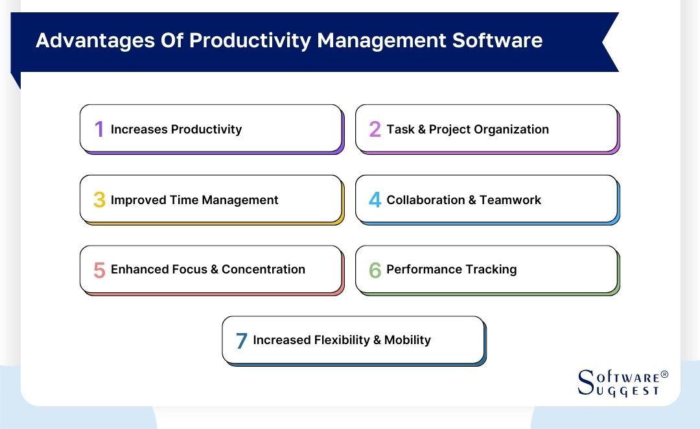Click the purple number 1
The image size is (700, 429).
tap(99, 130)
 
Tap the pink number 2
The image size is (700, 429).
tap(375, 130)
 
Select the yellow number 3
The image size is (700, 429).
tap(99, 200)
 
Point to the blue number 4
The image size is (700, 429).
tap(375, 200)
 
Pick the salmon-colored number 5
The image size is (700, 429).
tap(99, 270)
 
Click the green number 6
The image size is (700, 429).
tap(375, 270)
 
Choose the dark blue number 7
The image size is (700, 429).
tap(241, 341)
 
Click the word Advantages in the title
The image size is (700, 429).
tap(88, 41)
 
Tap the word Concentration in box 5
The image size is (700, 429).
tap(263, 270)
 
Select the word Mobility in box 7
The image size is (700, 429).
tap(407, 340)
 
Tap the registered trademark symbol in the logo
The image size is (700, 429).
tap(664, 375)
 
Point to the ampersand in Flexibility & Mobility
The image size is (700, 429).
tap(375, 340)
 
